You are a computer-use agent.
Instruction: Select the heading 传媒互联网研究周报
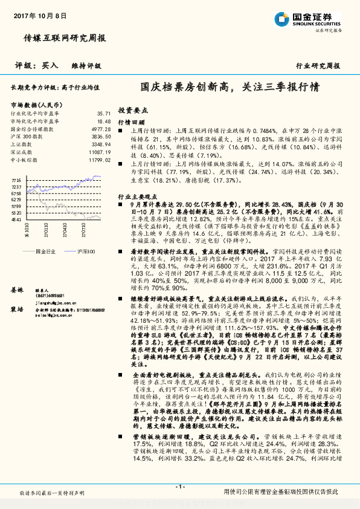tap(65, 37)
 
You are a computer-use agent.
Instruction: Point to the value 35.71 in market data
tap(103, 114)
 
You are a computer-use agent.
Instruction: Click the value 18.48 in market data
tap(103, 121)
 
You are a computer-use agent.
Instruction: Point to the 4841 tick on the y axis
tap(17, 219)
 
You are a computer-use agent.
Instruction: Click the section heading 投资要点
tap(133, 111)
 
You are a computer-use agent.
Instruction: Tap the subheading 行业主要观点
tap(136, 198)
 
